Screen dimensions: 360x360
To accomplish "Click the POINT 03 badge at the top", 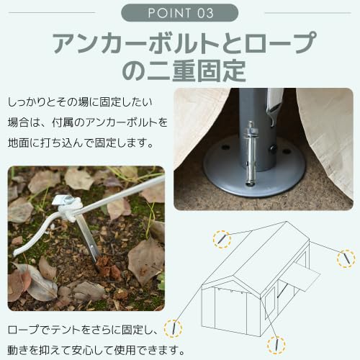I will tap(179, 12).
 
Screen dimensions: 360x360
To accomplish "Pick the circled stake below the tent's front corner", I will tap(273, 344).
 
